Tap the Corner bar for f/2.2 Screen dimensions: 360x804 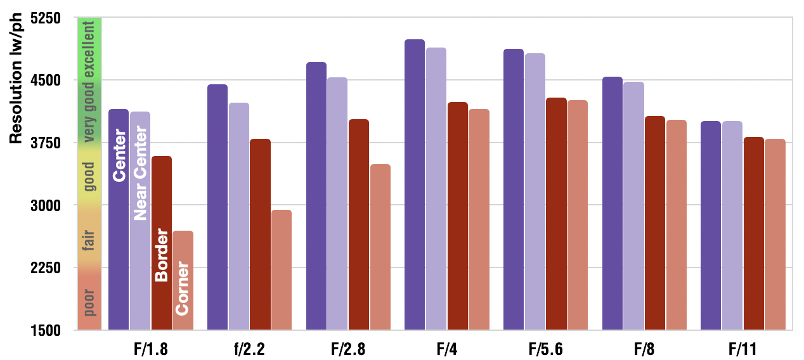[x=281, y=269]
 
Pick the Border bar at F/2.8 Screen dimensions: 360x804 [x=358, y=224]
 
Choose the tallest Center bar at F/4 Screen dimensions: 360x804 [x=415, y=184]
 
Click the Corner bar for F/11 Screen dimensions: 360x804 [x=775, y=235]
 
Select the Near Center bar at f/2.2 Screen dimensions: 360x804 [x=238, y=216]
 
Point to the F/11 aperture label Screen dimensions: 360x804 [x=742, y=349]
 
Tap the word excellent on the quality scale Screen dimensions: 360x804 [x=89, y=49]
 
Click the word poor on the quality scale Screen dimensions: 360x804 [x=89, y=302]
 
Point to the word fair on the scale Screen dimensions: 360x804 [x=89, y=241]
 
